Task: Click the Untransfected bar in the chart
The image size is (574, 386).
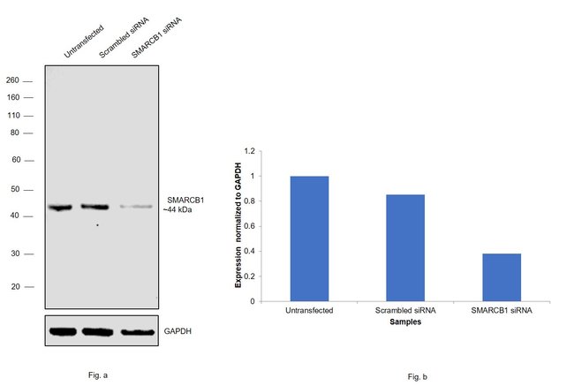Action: [x=308, y=238]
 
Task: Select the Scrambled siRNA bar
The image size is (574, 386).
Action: [x=404, y=247]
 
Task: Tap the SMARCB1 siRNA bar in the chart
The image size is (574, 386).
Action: [x=501, y=276]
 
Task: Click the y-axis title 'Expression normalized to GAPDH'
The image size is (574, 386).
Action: [x=238, y=225]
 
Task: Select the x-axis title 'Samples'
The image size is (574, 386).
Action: [x=404, y=322]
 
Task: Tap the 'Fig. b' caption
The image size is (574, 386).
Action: [x=417, y=377]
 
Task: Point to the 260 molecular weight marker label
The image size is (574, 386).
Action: [x=13, y=79]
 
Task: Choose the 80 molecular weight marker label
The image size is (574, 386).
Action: [x=15, y=132]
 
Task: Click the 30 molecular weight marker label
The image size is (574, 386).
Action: [x=15, y=254]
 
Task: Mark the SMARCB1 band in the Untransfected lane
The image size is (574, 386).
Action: [x=60, y=208]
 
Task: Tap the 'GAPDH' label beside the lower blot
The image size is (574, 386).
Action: [x=177, y=332]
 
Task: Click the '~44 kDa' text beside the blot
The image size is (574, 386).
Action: [x=176, y=209]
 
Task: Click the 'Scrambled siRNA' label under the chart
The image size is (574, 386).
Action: [x=404, y=310]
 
